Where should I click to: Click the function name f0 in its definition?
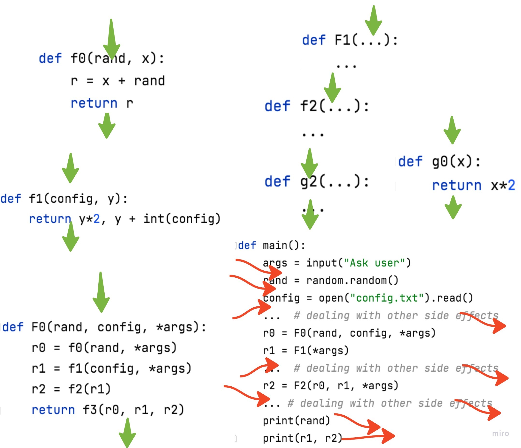tap(78, 58)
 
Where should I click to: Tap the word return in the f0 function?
tap(94, 103)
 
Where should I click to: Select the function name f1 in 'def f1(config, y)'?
tap(36, 199)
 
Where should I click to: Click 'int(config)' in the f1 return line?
tap(182, 219)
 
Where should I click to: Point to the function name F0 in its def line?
tap(39, 327)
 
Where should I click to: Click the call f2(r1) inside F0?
tap(89, 389)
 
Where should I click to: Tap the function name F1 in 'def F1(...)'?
tap(343, 40)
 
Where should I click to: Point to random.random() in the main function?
tap(352, 281)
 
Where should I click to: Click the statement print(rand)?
tap(296, 421)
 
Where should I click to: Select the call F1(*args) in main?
tap(321, 350)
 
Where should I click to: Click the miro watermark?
tap(500, 434)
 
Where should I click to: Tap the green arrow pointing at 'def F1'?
tap(373, 21)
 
